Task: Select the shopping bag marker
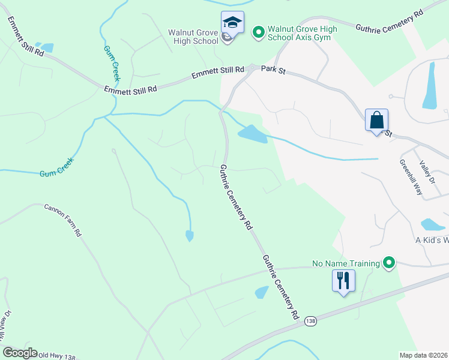pos(376,120)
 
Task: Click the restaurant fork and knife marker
pos(343,280)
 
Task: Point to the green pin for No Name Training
pos(390,263)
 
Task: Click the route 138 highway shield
pos(310,321)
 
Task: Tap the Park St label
pos(273,70)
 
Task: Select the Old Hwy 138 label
pos(57,356)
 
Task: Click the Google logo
pos(20,353)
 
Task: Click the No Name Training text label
pos(346,263)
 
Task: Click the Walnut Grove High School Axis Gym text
pos(302,34)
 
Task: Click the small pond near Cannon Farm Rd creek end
pos(190,236)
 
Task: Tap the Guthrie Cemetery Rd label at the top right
pos(390,20)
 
